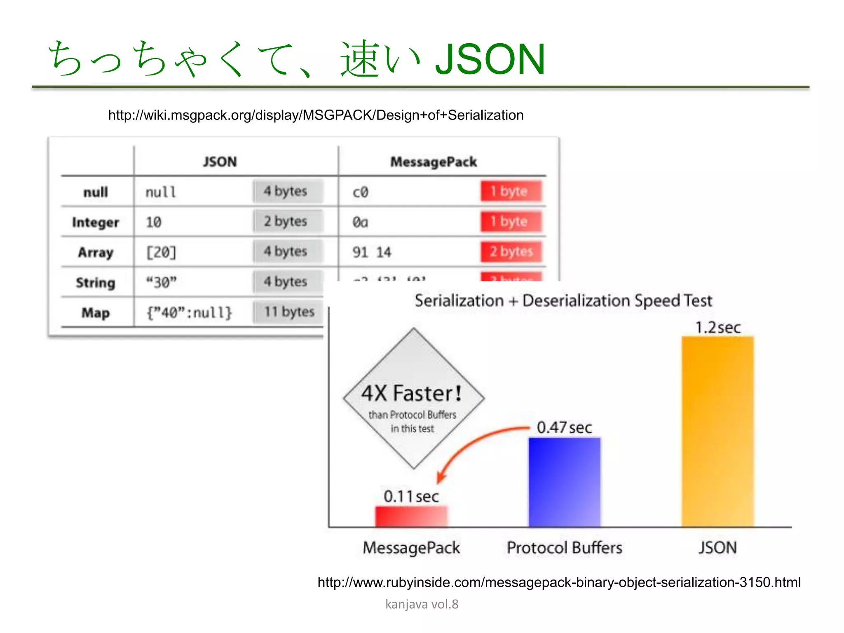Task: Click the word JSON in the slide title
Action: pos(490,59)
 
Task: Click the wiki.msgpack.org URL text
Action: pos(316,115)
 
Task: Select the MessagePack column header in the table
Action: pos(433,162)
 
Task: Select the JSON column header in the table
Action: pos(220,162)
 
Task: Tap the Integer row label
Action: pos(95,223)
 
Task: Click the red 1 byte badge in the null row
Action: pos(510,191)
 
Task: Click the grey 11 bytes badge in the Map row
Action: pos(289,312)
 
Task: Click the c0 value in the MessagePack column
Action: pos(360,192)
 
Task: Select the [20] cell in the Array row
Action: pos(161,252)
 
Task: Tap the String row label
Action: pos(95,283)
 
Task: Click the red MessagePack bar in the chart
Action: pos(411,516)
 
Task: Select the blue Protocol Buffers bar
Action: pos(564,482)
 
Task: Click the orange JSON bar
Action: pos(717,431)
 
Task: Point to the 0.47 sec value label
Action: pos(564,427)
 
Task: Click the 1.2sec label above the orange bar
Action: pos(717,328)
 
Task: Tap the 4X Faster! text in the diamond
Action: pos(411,393)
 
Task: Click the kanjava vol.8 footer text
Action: pos(422,604)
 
